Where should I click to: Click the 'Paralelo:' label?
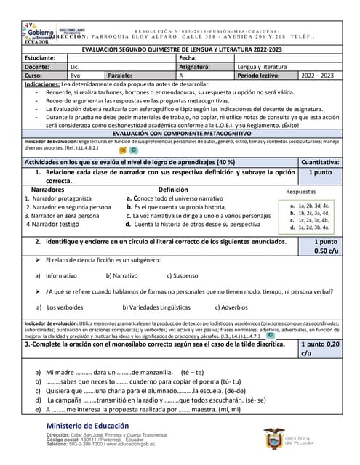pyautogui.click(x=122, y=75)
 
